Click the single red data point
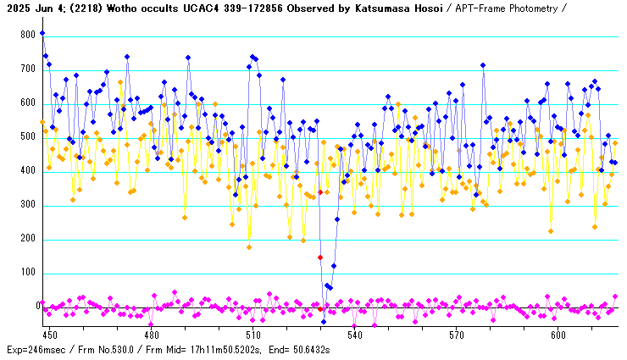[x=320, y=257]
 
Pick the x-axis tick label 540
[x=354, y=335]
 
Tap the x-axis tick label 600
[x=558, y=335]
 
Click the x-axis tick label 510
[x=252, y=335]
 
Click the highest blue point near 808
[x=42, y=33]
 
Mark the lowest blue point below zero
[x=323, y=322]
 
